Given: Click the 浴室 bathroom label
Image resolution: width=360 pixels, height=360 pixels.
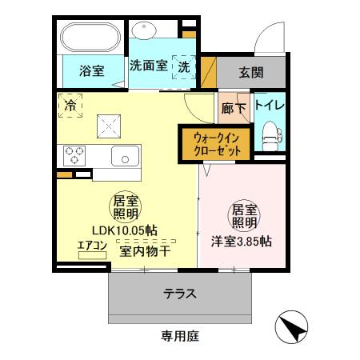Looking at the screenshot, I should click(91, 71).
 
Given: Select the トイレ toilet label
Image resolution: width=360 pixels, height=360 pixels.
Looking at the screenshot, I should click(270, 105).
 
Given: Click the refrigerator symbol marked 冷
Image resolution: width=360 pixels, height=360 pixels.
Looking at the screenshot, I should click(70, 105).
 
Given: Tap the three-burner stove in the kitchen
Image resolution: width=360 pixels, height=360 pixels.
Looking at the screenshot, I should click(74, 154).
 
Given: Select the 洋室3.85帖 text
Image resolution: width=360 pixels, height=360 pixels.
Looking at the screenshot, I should click(241, 240).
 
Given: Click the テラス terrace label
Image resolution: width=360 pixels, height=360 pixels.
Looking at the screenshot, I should click(180, 294).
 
